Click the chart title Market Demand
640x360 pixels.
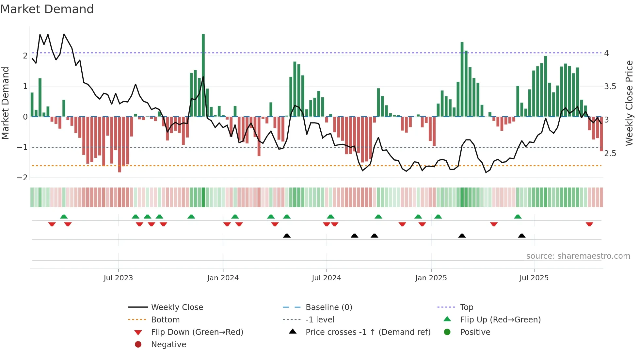pyautogui.click(x=47, y=9)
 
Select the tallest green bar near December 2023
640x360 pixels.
pyautogui.click(x=203, y=75)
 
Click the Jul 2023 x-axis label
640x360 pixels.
pyautogui.click(x=118, y=278)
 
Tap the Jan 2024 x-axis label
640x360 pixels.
pyautogui.click(x=223, y=278)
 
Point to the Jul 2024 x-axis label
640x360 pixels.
pyautogui.click(x=326, y=278)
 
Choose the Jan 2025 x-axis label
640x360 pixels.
pyautogui.click(x=431, y=278)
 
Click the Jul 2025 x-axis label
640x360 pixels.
pyautogui.click(x=534, y=278)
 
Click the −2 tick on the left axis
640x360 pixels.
pyautogui.click(x=22, y=178)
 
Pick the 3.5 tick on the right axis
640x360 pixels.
pyautogui.click(x=610, y=87)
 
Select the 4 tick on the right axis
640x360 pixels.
pyautogui.click(x=606, y=53)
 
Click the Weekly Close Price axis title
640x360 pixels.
pyautogui.click(x=629, y=103)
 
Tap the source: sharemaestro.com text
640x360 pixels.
pyautogui.click(x=578, y=256)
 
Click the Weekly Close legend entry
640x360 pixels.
pyautogui.click(x=177, y=307)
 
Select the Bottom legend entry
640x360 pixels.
pyautogui.click(x=165, y=320)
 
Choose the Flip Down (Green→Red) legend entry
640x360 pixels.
pyautogui.click(x=197, y=332)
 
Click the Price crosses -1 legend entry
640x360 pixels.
pyautogui.click(x=368, y=332)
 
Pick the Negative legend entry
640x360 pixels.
pyautogui.click(x=168, y=345)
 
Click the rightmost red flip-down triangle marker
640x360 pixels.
pyautogui.click(x=589, y=224)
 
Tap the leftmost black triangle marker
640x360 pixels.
pyautogui.click(x=287, y=236)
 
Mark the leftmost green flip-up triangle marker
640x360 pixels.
pyautogui.click(x=64, y=217)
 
